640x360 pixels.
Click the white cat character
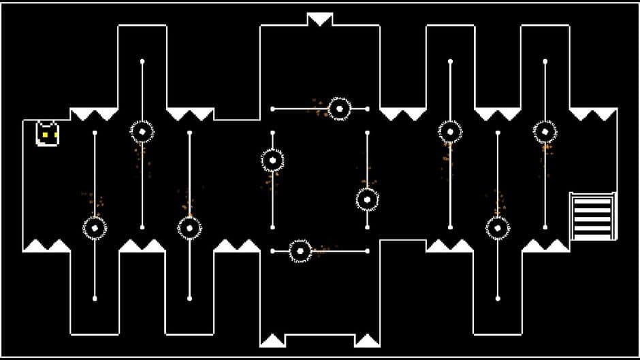47,133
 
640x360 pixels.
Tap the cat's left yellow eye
44,135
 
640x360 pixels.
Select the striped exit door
592,216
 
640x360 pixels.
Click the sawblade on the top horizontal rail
338,108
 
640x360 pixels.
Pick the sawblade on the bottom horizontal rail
300,251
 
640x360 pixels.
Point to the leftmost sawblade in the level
95,227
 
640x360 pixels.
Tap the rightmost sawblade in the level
545,131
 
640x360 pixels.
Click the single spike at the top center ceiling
319,18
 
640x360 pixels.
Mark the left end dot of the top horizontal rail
273,108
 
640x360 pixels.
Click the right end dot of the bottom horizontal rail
367,251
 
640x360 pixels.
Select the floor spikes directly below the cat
46,245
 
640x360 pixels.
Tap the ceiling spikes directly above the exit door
592,114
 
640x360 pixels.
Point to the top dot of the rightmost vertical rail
545,62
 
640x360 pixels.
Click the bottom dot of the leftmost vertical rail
95,298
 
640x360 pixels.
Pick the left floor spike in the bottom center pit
272,340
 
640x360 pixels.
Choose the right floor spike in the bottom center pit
368,340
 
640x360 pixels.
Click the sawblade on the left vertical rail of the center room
272,160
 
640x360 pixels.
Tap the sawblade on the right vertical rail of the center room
367,199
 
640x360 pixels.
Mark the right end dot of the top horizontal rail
367,108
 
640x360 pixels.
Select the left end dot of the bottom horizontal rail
273,251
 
